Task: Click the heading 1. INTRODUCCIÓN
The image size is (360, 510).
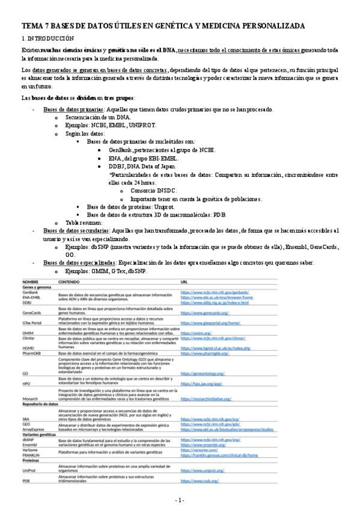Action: [x=47, y=38]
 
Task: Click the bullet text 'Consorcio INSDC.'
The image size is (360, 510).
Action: [x=153, y=190]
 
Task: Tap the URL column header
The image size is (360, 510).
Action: [x=185, y=281]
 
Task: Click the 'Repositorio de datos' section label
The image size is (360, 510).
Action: [x=40, y=404]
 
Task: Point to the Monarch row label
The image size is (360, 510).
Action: [x=31, y=398]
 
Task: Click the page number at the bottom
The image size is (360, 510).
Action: [x=180, y=500]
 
